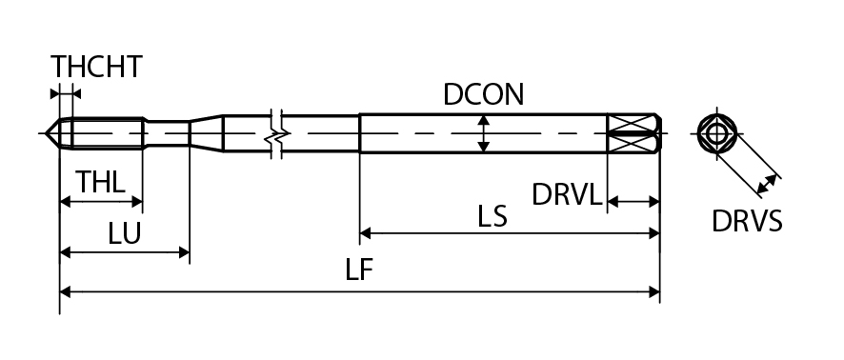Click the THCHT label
click(x=96, y=67)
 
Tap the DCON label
click(x=483, y=94)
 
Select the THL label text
click(x=101, y=182)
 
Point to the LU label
click(x=125, y=233)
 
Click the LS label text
click(x=492, y=216)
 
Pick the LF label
click(x=359, y=270)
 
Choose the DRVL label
click(x=566, y=194)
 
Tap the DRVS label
click(x=747, y=221)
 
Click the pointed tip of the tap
click(x=46, y=133)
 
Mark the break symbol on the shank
click(x=276, y=133)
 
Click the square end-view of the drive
click(x=716, y=133)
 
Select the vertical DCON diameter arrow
click(x=484, y=133)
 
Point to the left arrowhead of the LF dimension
click(x=65, y=292)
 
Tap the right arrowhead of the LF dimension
click(x=654, y=292)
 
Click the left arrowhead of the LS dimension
click(x=365, y=233)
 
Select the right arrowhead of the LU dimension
click(x=184, y=251)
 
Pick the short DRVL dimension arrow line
click(x=633, y=202)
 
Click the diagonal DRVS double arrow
click(x=767, y=184)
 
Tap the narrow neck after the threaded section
click(x=167, y=133)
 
